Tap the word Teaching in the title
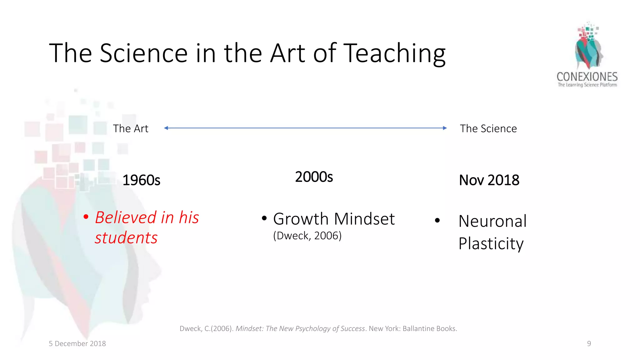point(394,54)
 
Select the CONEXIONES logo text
point(587,77)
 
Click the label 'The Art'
point(131,128)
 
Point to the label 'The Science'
point(488,128)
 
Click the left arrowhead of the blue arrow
point(166,128)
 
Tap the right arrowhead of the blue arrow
point(445,128)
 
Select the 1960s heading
point(141,180)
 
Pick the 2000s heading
point(314,177)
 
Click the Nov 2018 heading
point(489,180)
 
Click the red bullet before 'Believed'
point(86,217)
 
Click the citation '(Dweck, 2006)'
point(307,236)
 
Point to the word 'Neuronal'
point(492,221)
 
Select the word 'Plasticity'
point(491,243)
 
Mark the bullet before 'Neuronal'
point(437,221)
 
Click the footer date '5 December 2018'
point(77,343)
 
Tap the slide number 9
point(589,343)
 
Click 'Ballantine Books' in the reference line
point(429,328)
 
